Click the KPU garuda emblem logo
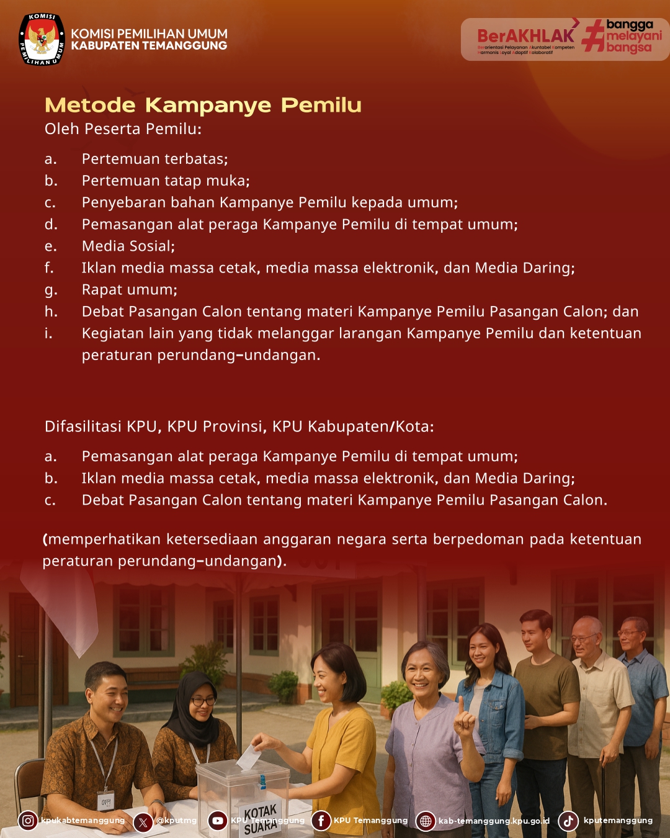tap(42, 40)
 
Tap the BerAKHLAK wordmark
tap(525, 36)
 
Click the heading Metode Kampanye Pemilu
tap(203, 105)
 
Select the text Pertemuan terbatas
tap(154, 159)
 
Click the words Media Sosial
tap(128, 246)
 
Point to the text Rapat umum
tap(129, 289)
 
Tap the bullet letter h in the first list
tap(51, 312)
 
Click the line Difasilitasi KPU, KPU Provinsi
tap(239, 426)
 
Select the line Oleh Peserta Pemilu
tap(123, 128)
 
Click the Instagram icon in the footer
tap(28, 821)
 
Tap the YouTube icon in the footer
tap(218, 821)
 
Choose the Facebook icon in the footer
tap(321, 821)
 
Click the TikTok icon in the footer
tap(568, 821)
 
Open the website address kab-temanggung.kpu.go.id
tap(494, 821)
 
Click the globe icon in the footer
tap(426, 821)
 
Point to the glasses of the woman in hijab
tap(203, 701)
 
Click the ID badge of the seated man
tap(107, 801)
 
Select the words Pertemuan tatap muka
tap(166, 181)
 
